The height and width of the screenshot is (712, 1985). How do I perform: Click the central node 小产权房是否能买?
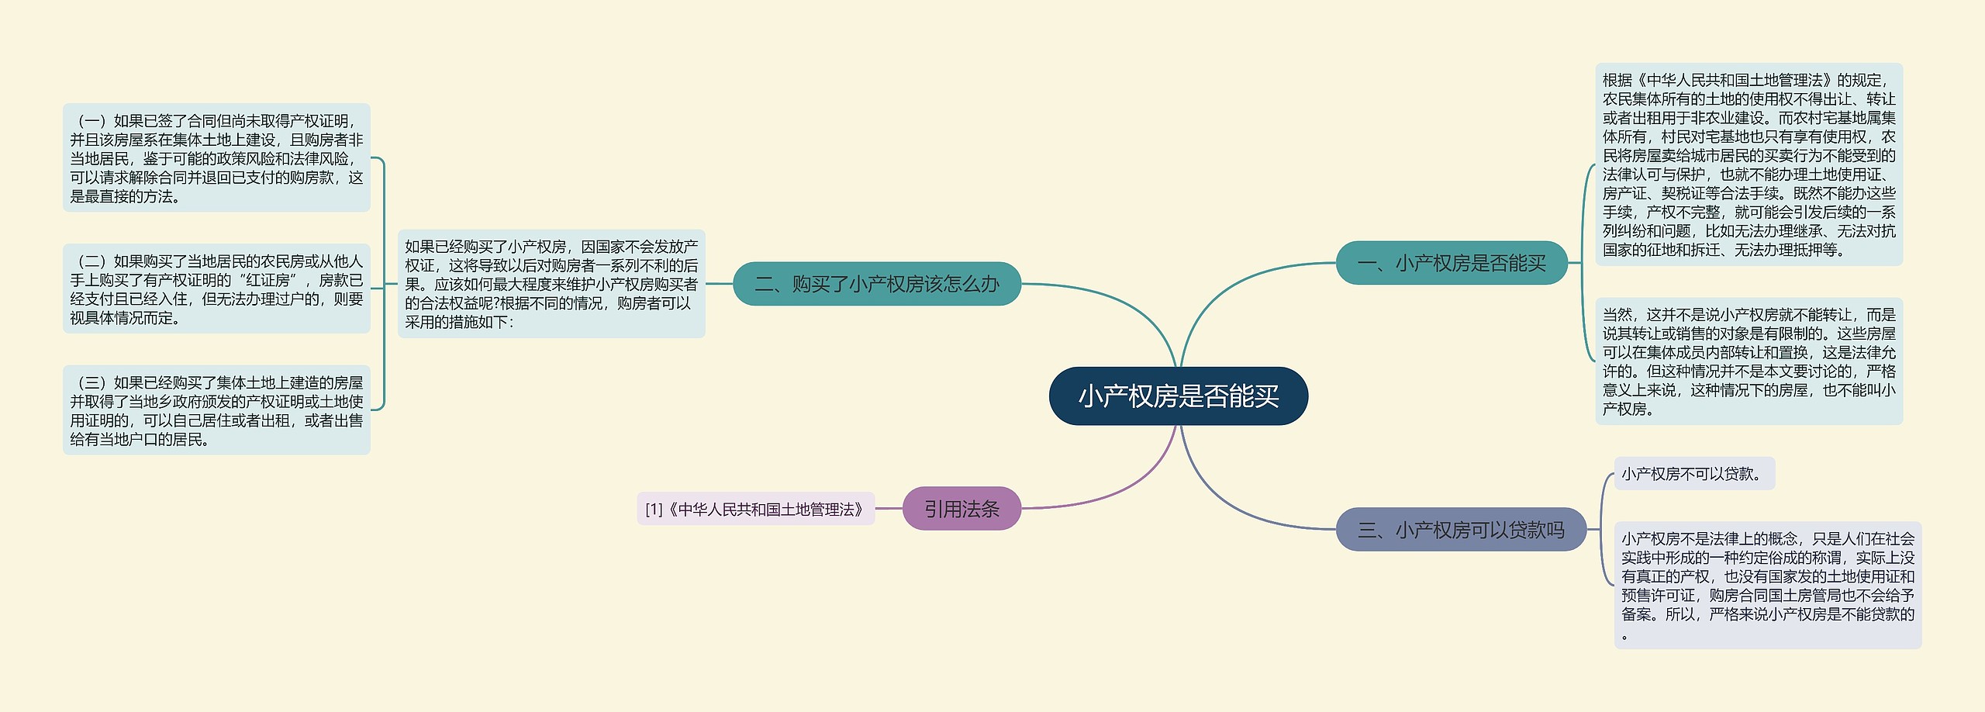click(x=1178, y=396)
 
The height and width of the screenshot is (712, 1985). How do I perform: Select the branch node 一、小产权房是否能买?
click(x=1451, y=263)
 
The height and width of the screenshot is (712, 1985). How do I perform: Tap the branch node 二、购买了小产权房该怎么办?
click(x=876, y=284)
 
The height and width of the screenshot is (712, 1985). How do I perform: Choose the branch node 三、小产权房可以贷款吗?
click(x=1460, y=530)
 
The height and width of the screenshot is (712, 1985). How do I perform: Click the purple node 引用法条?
click(x=961, y=509)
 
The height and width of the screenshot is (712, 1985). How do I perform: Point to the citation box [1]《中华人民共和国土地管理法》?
click(x=755, y=509)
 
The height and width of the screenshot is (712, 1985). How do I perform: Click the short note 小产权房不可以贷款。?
click(x=1693, y=473)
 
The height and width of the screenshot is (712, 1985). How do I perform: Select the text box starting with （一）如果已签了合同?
click(x=216, y=158)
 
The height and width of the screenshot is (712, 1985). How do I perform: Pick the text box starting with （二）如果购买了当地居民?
click(x=216, y=289)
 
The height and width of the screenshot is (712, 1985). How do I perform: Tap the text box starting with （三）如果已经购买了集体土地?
click(x=216, y=410)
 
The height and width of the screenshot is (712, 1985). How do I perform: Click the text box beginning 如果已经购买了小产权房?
click(x=551, y=284)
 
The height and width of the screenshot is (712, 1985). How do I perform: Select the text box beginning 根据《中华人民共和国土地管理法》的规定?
click(x=1749, y=164)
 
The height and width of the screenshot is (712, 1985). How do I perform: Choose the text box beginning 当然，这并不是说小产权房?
click(x=1749, y=361)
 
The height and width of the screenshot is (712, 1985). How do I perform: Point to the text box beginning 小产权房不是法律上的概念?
click(x=1767, y=585)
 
